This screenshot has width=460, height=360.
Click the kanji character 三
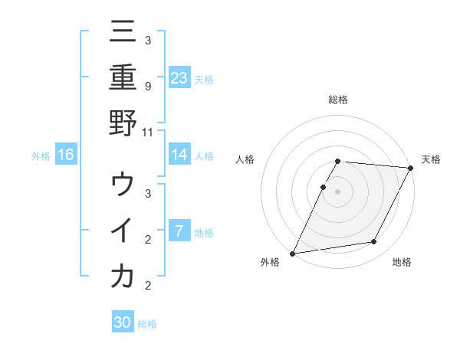pos(123,33)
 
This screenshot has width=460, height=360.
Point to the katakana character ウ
pos(123,185)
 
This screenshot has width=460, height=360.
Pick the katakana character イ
pos(123,230)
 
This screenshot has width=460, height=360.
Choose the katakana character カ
pos(123,275)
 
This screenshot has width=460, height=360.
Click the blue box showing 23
pos(179,77)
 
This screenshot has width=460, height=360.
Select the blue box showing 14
pos(179,155)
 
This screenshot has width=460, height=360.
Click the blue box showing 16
pos(66,155)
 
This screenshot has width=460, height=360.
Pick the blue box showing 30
pos(123,322)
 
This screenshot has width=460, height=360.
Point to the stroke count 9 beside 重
pos(148,87)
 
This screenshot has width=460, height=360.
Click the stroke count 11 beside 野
pos(148,132)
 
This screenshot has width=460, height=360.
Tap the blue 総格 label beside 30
pos(147,324)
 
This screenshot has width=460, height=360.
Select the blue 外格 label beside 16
pos(41,156)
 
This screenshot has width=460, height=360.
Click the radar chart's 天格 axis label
pos(431,159)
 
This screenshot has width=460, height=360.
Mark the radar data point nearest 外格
pos(292,253)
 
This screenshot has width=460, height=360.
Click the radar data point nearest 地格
pos(374,242)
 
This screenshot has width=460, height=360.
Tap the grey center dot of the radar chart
pos(337,191)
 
